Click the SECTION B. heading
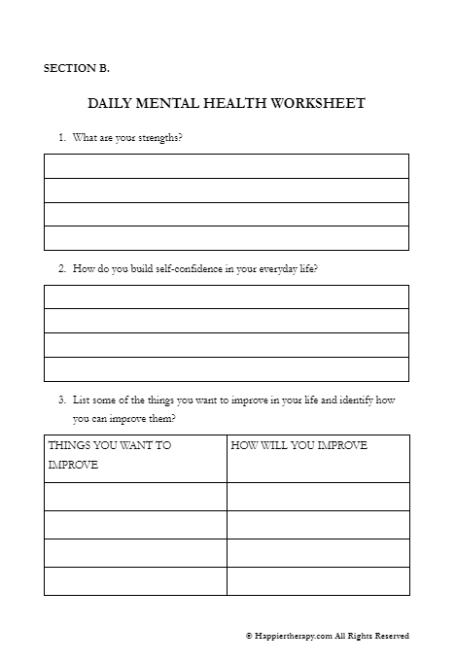pyautogui.click(x=77, y=68)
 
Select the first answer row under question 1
pyautogui.click(x=226, y=166)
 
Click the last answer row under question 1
pyautogui.click(x=226, y=238)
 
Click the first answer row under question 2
pyautogui.click(x=226, y=296)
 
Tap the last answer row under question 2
pyautogui.click(x=226, y=369)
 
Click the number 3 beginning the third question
pyautogui.click(x=61, y=400)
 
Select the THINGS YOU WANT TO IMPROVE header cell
pyautogui.click(x=135, y=458)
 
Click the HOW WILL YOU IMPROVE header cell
pyautogui.click(x=318, y=458)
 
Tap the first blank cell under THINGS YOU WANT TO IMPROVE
pyautogui.click(x=135, y=497)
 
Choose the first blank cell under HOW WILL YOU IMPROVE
pyautogui.click(x=318, y=497)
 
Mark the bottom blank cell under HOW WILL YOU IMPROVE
pyautogui.click(x=318, y=581)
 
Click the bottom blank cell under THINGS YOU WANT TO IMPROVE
pyautogui.click(x=135, y=581)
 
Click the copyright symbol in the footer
pyautogui.click(x=249, y=636)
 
